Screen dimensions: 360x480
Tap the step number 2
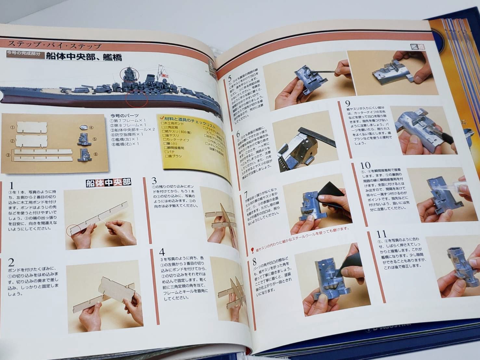(x=11, y=262)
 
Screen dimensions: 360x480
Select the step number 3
(x=154, y=181)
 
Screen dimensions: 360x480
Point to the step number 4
(x=162, y=252)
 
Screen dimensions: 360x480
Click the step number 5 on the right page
(x=229, y=79)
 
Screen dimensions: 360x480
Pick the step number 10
(x=366, y=165)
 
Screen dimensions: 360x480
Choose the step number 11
(x=381, y=234)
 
